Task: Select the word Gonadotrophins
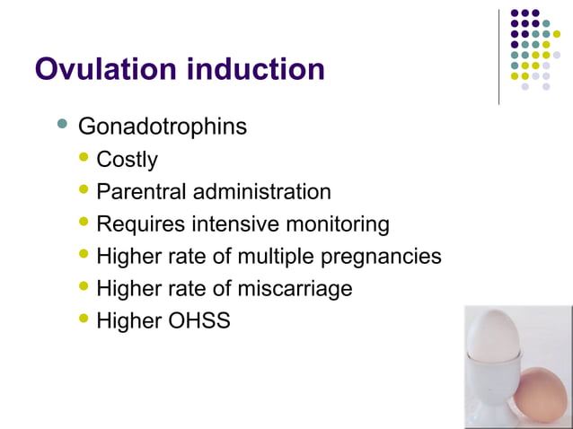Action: click(162, 127)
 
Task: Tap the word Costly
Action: click(127, 160)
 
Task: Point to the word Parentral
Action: click(136, 192)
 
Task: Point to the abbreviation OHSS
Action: click(199, 320)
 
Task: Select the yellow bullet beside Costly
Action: click(84, 159)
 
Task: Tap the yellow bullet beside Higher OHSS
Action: click(84, 319)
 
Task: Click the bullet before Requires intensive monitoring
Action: click(84, 223)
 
